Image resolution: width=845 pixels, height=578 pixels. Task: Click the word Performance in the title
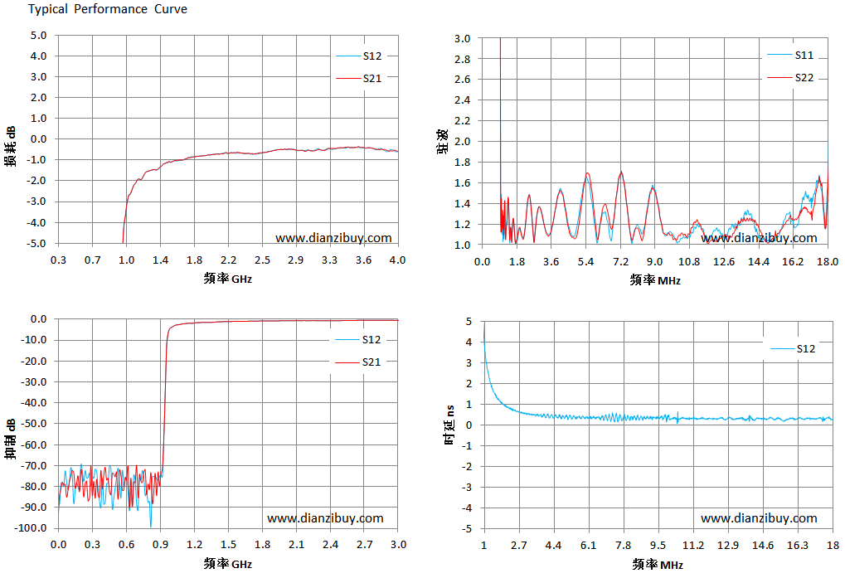(110, 9)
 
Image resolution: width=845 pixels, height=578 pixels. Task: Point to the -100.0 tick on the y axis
(31, 528)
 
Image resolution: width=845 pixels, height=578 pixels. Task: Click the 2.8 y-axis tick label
(463, 59)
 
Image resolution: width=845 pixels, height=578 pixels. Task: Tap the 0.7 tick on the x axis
(92, 260)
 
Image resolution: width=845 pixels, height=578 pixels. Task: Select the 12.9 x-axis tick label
(728, 545)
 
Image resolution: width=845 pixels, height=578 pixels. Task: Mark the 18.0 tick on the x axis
(828, 262)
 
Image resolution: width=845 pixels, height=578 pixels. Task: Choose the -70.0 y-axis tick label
(33, 465)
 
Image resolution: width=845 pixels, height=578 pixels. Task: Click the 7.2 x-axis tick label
(620, 262)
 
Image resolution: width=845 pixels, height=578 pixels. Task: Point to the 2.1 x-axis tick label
(296, 545)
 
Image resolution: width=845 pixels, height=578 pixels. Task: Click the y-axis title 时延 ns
(449, 425)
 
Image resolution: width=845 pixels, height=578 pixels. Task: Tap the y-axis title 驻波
(443, 142)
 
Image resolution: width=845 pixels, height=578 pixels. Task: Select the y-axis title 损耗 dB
(10, 147)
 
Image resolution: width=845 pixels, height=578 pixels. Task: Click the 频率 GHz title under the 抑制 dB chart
(228, 564)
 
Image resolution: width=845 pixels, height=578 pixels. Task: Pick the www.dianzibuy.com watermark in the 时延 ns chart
(759, 518)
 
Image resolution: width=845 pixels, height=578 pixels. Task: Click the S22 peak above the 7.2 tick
(622, 172)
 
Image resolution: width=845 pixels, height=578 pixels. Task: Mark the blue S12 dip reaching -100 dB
(151, 527)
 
